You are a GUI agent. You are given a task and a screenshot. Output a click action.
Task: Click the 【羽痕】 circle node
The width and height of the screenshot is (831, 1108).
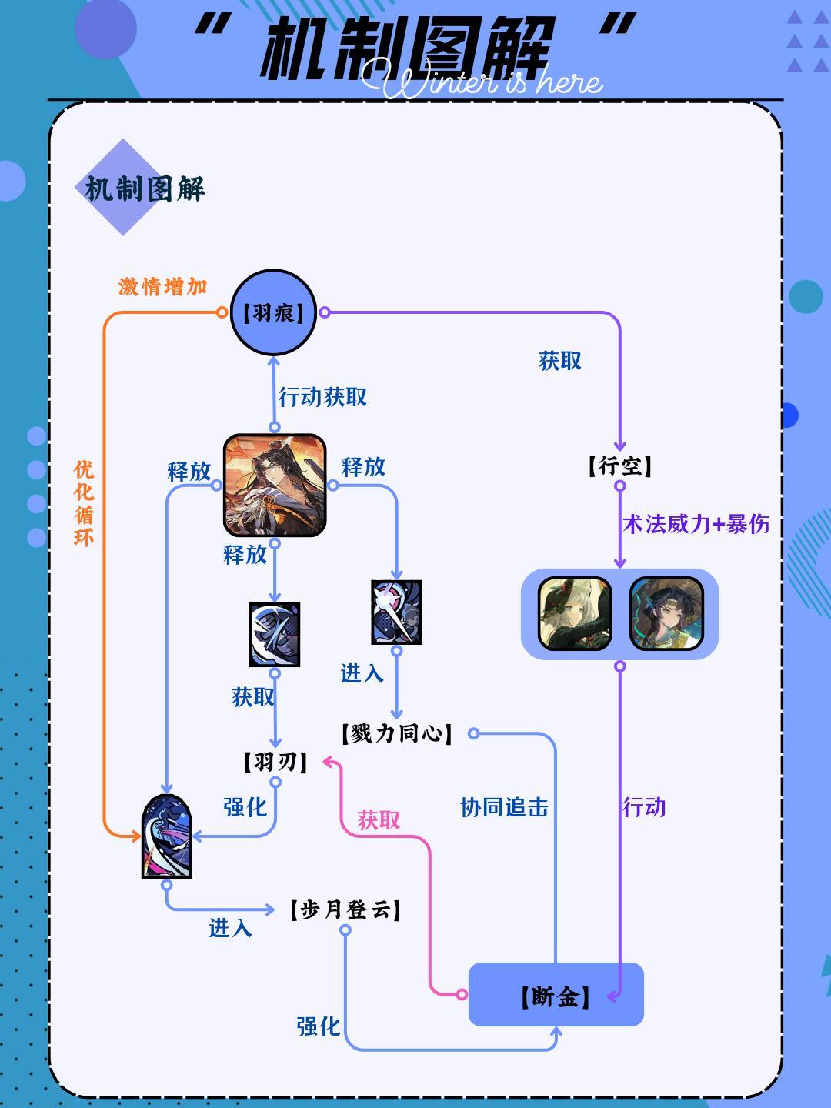click(274, 312)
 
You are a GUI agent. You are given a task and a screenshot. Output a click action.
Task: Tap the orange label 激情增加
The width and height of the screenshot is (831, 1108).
click(163, 287)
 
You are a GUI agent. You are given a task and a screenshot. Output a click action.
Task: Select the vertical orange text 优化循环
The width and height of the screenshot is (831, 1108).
click(84, 503)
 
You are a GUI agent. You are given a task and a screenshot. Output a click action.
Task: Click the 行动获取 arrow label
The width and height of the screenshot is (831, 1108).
click(323, 397)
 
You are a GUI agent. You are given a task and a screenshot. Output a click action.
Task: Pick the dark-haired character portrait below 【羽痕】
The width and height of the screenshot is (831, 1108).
click(275, 485)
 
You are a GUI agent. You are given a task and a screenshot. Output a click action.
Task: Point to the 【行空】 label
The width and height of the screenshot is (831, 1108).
click(620, 466)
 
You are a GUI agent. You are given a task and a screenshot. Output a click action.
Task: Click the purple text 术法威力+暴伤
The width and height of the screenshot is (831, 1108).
click(696, 525)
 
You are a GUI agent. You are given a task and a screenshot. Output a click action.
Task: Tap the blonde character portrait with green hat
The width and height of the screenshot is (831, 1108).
click(575, 613)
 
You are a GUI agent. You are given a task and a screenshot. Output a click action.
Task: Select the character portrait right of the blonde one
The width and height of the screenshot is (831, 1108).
click(666, 613)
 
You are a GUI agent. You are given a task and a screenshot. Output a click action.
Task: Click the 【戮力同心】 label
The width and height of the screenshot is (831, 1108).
click(397, 733)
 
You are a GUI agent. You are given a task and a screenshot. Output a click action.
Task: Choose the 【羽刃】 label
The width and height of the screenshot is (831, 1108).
click(275, 762)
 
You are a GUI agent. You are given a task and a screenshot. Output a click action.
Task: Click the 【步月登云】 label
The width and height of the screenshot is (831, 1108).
click(345, 910)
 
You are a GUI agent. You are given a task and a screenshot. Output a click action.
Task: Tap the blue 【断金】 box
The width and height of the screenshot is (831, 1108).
click(556, 995)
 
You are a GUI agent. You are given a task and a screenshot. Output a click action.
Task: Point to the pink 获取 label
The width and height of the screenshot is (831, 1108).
click(379, 820)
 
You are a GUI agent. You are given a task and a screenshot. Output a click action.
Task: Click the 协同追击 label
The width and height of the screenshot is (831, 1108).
click(504, 807)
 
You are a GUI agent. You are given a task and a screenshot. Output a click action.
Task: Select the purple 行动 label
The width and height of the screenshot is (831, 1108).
click(644, 807)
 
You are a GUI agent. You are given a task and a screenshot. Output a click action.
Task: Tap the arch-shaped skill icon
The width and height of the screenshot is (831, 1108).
click(166, 836)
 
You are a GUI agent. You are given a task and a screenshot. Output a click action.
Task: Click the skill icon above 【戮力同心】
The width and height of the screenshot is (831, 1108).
click(397, 612)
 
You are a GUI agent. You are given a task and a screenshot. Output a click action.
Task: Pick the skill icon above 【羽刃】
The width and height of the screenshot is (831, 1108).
click(275, 635)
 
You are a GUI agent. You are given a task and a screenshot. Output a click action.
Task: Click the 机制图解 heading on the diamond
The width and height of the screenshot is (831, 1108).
click(145, 189)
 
